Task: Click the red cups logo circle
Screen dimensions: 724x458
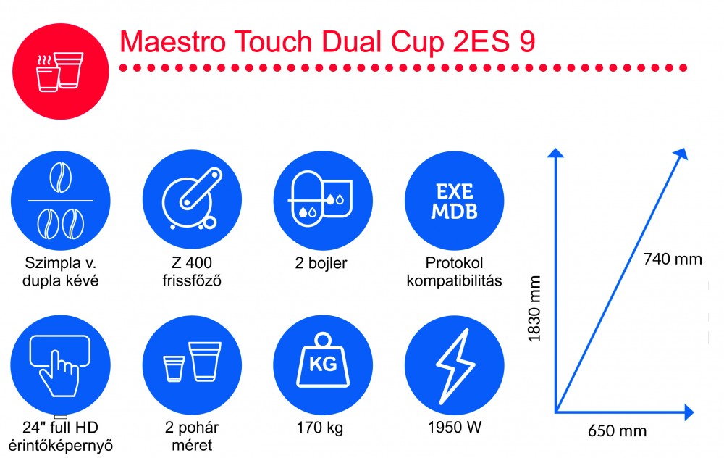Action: click(61, 71)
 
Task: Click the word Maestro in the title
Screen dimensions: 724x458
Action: click(173, 41)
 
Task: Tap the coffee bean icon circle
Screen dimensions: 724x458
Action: click(61, 201)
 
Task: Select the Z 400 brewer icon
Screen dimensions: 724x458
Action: click(192, 201)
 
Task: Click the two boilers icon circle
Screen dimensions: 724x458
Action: click(323, 201)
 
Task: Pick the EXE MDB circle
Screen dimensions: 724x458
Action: click(455, 201)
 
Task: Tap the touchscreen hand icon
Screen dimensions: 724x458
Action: click(61, 365)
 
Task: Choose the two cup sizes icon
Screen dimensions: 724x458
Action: click(192, 365)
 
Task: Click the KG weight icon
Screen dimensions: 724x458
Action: click(323, 365)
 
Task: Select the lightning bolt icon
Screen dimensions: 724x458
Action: click(455, 365)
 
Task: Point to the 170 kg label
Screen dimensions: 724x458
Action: click(320, 428)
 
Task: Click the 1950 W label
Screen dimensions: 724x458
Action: click(455, 427)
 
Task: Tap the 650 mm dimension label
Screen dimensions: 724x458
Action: click(617, 430)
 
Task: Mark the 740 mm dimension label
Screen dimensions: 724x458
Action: click(673, 259)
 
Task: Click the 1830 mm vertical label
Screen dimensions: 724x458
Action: click(534, 308)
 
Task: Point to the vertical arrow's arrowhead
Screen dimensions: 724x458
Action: click(555, 153)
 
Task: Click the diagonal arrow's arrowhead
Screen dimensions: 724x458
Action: click(681, 154)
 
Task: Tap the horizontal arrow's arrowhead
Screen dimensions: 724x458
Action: click(689, 412)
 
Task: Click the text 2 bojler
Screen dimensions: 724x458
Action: click(321, 263)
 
